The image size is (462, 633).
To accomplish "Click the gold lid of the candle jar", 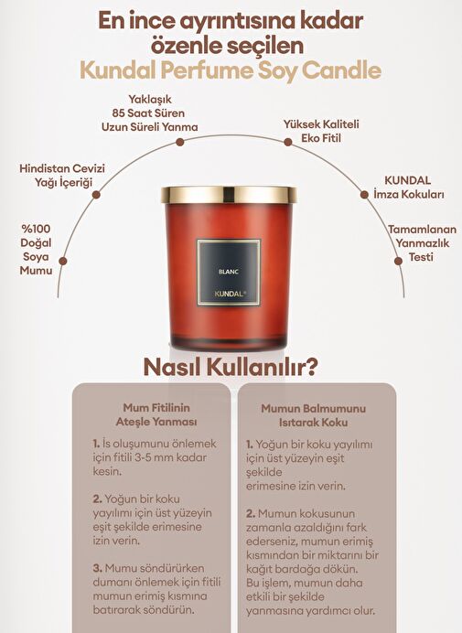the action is pos(229,195).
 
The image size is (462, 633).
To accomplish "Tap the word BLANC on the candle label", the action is pos(229,272).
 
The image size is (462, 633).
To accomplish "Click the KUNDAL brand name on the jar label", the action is pos(230,294).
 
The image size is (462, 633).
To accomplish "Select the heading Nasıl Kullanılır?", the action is pos(231,367).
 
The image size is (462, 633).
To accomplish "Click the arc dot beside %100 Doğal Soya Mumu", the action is pos(62,261).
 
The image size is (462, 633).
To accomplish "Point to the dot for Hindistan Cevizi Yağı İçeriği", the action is pos(96,195).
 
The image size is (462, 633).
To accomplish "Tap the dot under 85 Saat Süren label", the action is pos(180,142).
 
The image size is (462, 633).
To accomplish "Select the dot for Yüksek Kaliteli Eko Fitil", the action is pos(288,142).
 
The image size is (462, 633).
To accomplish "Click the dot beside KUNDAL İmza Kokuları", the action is pos(364,195).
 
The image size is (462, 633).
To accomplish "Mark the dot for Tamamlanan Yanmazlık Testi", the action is pos(398,261).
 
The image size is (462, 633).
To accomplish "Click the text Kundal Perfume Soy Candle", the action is pos(231,71).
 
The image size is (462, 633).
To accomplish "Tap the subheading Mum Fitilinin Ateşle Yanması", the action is pos(156,414).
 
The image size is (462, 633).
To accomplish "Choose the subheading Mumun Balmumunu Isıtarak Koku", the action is pos(314,415).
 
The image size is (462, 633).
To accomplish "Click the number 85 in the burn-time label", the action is pos(120,113).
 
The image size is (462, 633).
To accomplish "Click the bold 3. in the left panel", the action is pos(97,568).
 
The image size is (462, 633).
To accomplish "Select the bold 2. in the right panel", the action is pos(251,513).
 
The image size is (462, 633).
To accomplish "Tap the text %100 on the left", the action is pos(36,229).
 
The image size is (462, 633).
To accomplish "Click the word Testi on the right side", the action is pos(421,257).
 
